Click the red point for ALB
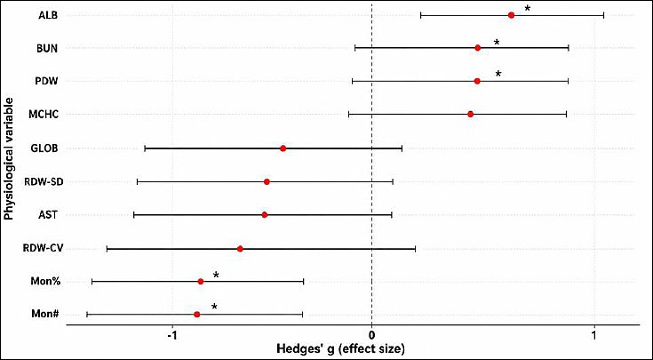(511, 15)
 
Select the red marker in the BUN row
(478, 48)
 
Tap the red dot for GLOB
(283, 148)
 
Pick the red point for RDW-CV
(240, 249)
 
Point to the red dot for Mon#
(197, 314)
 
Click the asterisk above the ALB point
(528, 8)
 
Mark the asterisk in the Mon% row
(216, 275)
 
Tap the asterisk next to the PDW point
(498, 74)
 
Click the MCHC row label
(44, 114)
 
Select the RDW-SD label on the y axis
(44, 181)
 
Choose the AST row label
(47, 215)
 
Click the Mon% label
(45, 281)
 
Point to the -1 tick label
(172, 336)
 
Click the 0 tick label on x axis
(371, 336)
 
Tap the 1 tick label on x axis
(594, 336)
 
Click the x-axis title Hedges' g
(340, 348)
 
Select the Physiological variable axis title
(8, 159)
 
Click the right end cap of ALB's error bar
(603, 15)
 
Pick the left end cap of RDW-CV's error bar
(107, 249)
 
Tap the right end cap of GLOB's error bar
(402, 148)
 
